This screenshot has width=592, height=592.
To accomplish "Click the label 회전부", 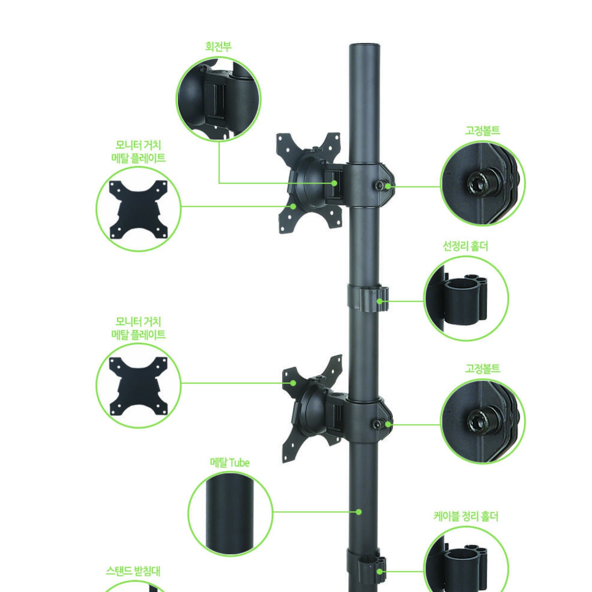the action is [x=218, y=46].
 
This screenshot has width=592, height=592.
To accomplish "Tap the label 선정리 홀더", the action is [x=465, y=246].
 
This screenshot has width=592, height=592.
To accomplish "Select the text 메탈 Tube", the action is [x=230, y=462].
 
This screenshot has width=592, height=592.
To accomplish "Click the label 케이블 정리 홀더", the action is [x=466, y=516].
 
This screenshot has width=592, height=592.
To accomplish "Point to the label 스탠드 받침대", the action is [x=133, y=571].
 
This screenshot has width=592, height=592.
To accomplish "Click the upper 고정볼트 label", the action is [x=482, y=130].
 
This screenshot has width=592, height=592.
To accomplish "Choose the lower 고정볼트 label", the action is [x=482, y=368].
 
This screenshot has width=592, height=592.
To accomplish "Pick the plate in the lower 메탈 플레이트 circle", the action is [x=139, y=386].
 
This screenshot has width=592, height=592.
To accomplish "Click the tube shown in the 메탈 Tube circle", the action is [x=230, y=513].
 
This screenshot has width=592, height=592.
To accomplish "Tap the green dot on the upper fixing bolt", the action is [x=388, y=186].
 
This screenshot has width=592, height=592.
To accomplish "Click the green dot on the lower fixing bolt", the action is [x=388, y=424].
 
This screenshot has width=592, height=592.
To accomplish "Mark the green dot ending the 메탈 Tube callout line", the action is [x=358, y=512].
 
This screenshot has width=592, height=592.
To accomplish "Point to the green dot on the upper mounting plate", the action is [x=293, y=206].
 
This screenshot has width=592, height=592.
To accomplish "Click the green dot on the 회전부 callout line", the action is [x=334, y=183].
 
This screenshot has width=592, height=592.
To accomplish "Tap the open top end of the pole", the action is [x=365, y=46].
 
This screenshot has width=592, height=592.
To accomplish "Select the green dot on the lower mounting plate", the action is [x=293, y=383].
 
